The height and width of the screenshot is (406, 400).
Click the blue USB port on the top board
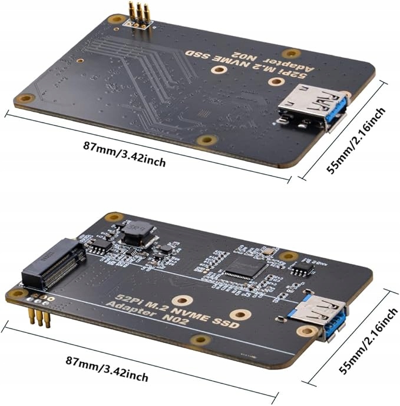pyautogui.click(x=312, y=109)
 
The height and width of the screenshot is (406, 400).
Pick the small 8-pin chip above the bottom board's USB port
pyautogui.click(x=304, y=269)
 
